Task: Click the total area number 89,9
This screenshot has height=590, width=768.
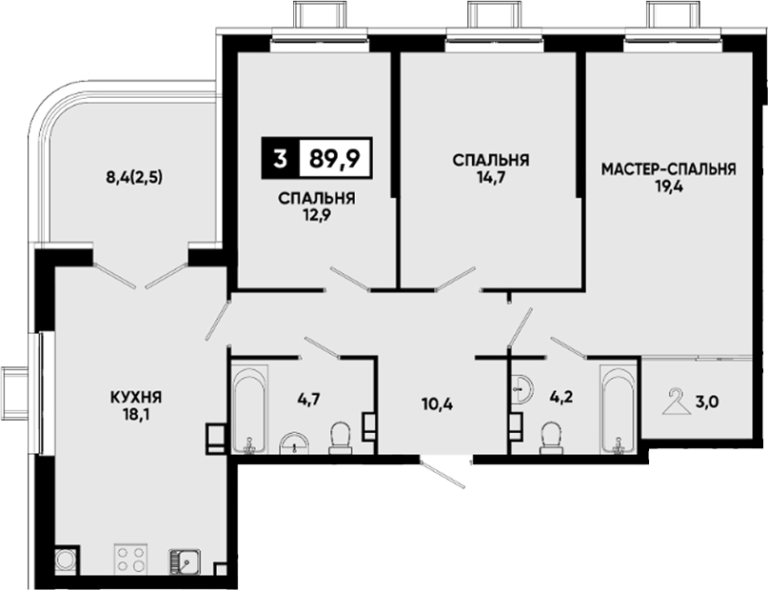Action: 335,158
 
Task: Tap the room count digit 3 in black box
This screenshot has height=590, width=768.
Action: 280,158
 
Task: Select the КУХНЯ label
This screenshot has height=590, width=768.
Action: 136,397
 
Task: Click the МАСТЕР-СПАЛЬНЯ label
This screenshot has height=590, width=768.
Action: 669,169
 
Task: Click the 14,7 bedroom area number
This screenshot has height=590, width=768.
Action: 491,177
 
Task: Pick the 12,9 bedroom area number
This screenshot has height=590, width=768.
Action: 317,215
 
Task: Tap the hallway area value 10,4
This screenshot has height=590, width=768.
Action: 437,404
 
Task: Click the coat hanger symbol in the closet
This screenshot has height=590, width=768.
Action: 676,402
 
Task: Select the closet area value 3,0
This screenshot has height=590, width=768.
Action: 708,402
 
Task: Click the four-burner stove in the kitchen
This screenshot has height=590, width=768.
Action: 130,559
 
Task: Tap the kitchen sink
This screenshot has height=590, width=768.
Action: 185,560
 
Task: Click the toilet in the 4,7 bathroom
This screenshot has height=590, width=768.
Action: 340,438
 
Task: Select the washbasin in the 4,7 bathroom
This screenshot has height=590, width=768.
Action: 294,443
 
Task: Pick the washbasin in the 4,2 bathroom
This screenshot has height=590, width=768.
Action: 522,389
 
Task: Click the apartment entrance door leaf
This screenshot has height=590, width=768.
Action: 443,474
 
